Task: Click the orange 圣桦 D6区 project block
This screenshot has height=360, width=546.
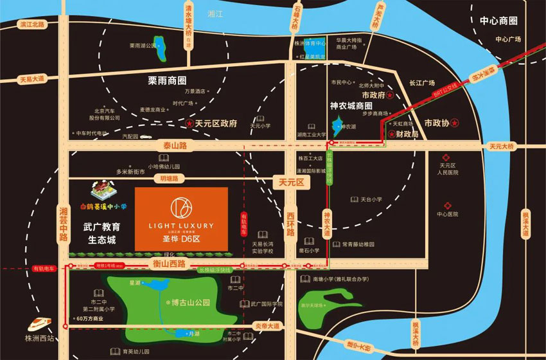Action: (181, 219)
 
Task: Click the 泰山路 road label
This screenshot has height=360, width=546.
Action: (174, 146)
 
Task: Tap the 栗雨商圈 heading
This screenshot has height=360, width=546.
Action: (167, 80)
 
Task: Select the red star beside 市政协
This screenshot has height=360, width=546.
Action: (454, 122)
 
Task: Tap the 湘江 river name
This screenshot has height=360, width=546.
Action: (214, 13)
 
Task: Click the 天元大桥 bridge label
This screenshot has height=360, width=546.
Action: (502, 147)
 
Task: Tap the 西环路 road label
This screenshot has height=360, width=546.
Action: (291, 222)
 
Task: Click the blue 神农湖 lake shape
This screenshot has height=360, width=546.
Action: (335, 123)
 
